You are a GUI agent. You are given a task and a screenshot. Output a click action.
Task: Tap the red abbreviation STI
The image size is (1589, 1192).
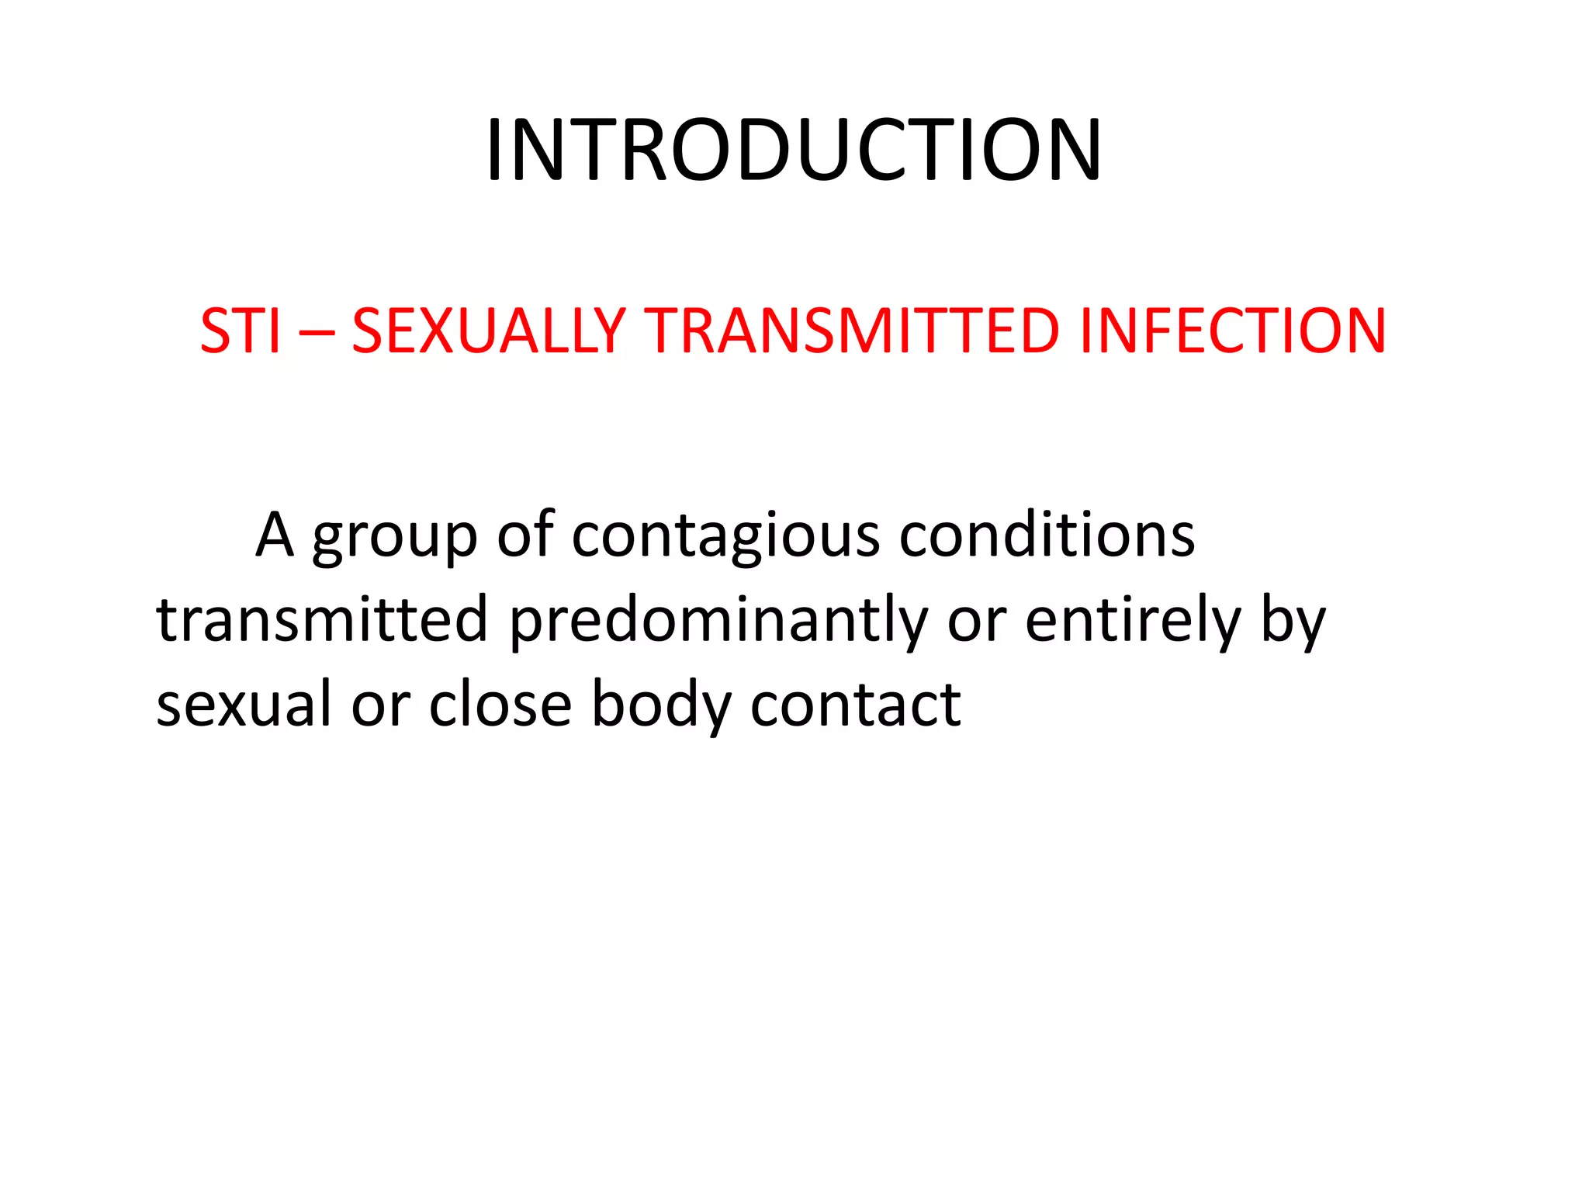coord(240,331)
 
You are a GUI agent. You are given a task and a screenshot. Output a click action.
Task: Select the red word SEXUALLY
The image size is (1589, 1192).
coord(489,331)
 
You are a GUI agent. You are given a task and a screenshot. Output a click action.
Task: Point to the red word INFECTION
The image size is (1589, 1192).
coord(1232,331)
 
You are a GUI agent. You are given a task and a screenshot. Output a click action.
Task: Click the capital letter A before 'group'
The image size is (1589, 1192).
coord(275,535)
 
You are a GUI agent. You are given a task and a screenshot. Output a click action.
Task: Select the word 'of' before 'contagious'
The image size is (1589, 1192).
coord(525,535)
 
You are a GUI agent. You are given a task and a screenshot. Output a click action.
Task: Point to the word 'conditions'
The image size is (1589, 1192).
coord(1047,535)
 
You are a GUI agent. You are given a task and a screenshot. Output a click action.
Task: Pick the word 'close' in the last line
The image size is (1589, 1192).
coord(500,704)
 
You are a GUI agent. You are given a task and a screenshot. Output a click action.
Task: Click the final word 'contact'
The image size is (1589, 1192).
coord(856,704)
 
